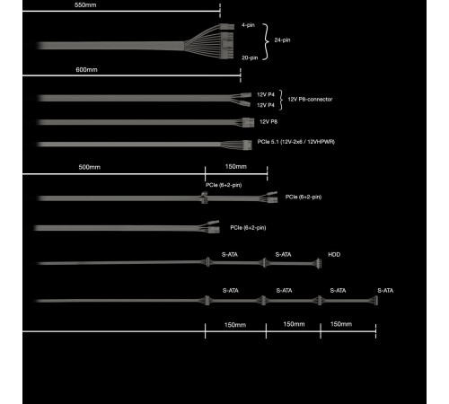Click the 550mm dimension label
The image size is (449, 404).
85,4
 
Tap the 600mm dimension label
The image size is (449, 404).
86,70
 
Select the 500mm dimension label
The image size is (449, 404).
89,167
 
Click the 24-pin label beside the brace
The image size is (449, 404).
282,40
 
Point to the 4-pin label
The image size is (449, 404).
248,25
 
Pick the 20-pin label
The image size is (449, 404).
250,57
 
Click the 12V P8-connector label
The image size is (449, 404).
310,99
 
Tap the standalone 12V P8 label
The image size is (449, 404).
269,121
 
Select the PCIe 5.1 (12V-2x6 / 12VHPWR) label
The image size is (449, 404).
296,142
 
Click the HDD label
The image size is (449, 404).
334,254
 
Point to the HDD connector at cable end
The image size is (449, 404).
319,264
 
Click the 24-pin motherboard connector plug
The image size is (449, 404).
226,42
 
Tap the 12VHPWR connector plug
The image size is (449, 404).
247,145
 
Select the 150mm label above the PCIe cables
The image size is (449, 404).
236,166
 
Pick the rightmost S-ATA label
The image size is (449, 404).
385,290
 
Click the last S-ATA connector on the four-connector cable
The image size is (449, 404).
375,301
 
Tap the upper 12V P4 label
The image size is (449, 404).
266,94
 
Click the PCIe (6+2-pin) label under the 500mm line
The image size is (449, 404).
224,185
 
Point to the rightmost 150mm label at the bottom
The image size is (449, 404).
341,324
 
